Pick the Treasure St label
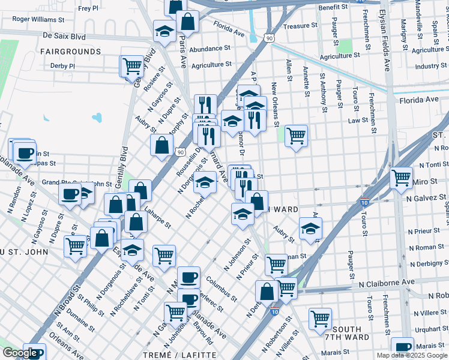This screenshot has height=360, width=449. click(x=300, y=26)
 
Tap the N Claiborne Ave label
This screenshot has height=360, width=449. click(x=387, y=282)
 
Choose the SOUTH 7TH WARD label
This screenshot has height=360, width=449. click(x=346, y=334)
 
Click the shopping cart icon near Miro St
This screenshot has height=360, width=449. click(x=401, y=176)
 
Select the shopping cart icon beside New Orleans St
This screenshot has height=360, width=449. click(x=296, y=135)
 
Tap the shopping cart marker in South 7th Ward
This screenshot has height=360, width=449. click(x=321, y=317)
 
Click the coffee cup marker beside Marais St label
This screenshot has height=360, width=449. click(x=402, y=346)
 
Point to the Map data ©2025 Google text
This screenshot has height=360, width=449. click(x=411, y=355)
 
